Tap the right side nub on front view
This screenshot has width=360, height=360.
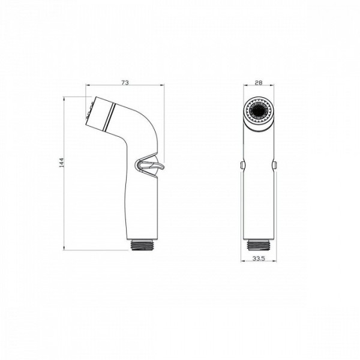coord(275,164)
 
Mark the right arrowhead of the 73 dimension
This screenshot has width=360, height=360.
coord(163,86)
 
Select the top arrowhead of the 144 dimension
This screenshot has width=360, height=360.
coord(66,97)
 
